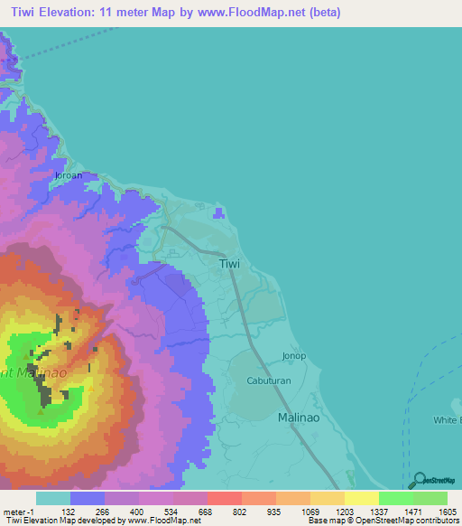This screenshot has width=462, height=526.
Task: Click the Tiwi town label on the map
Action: coord(230,264)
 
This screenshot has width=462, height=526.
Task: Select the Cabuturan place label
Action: coord(270,381)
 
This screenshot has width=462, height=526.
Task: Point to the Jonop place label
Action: coord(295,356)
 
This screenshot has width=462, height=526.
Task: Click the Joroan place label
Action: coord(69,175)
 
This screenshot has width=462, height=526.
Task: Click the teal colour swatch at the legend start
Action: coord(53,498)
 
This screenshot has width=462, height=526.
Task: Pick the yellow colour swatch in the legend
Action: coord(361,498)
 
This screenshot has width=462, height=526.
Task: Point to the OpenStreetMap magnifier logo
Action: coord(416,480)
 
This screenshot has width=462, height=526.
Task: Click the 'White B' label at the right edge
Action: coord(446,420)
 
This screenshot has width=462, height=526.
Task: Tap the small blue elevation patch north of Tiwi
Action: coord(219,213)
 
